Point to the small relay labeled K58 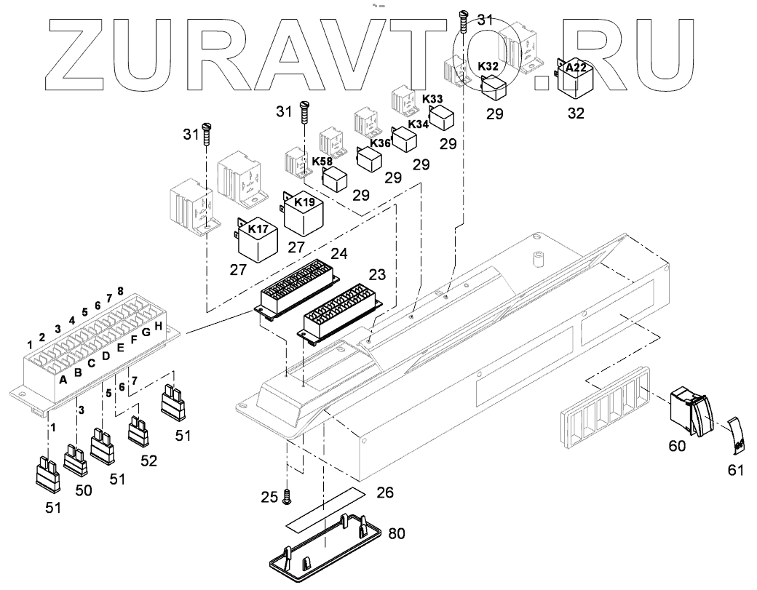(x=335, y=177)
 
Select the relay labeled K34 (x=405, y=137)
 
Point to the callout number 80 (x=397, y=533)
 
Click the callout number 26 (x=384, y=493)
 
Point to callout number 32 (x=576, y=113)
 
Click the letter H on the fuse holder (x=159, y=325)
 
